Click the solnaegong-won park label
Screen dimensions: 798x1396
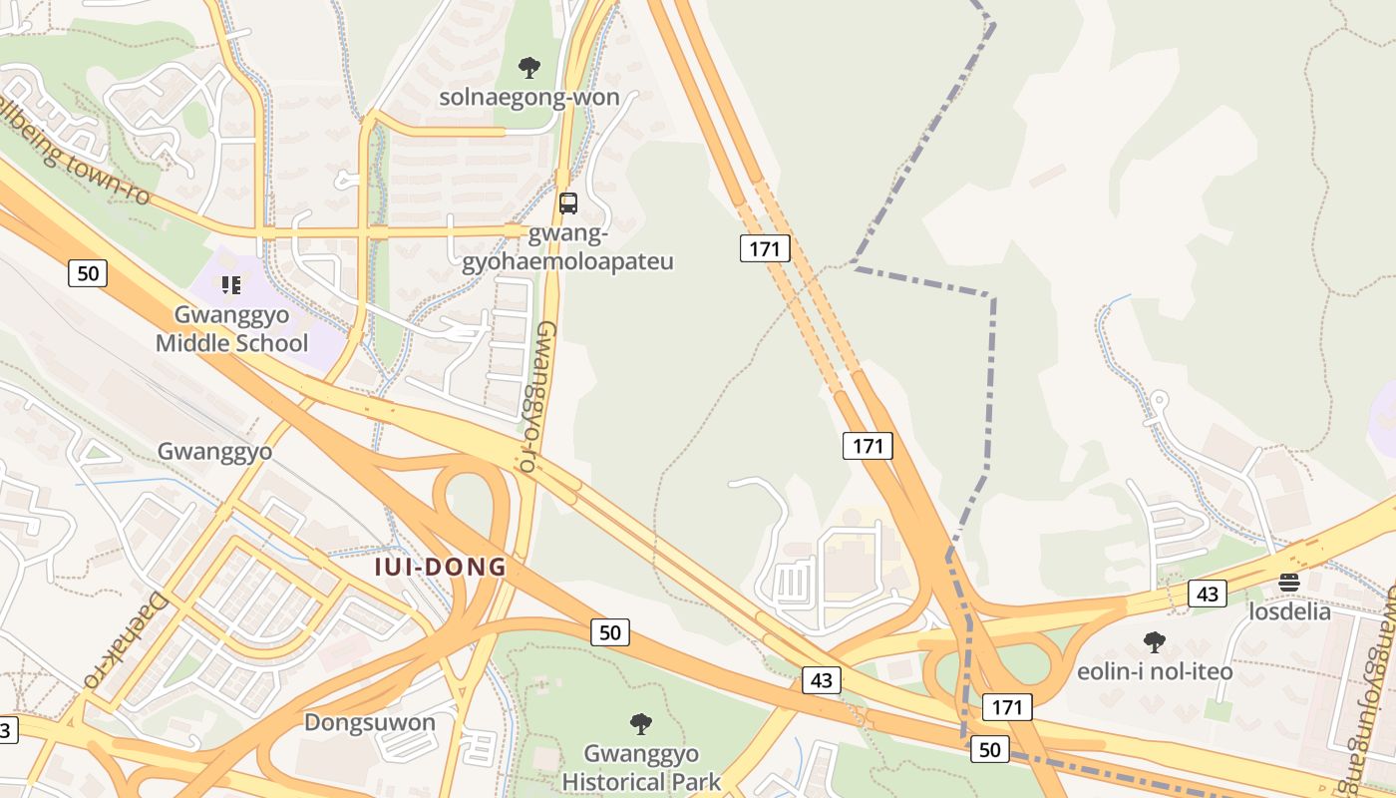pos(529,98)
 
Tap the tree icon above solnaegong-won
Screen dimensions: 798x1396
pos(529,68)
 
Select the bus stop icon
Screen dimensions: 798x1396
pos(568,203)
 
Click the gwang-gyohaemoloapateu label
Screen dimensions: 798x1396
pos(567,248)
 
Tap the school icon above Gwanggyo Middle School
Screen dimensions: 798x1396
pos(231,285)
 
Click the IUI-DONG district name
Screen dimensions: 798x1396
pos(441,568)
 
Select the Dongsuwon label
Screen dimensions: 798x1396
pos(370,722)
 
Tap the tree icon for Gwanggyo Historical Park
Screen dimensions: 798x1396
pos(641,723)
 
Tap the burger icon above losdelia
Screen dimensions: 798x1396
pos(1289,583)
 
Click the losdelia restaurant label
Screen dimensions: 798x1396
pos(1289,611)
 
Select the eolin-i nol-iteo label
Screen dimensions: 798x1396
pos(1155,671)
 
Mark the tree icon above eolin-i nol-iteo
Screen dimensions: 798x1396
pos(1155,641)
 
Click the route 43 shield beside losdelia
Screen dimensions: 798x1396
pos(1208,595)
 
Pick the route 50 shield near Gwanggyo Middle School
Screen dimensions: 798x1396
pos(88,272)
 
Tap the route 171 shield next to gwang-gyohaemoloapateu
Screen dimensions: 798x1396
pos(765,248)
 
